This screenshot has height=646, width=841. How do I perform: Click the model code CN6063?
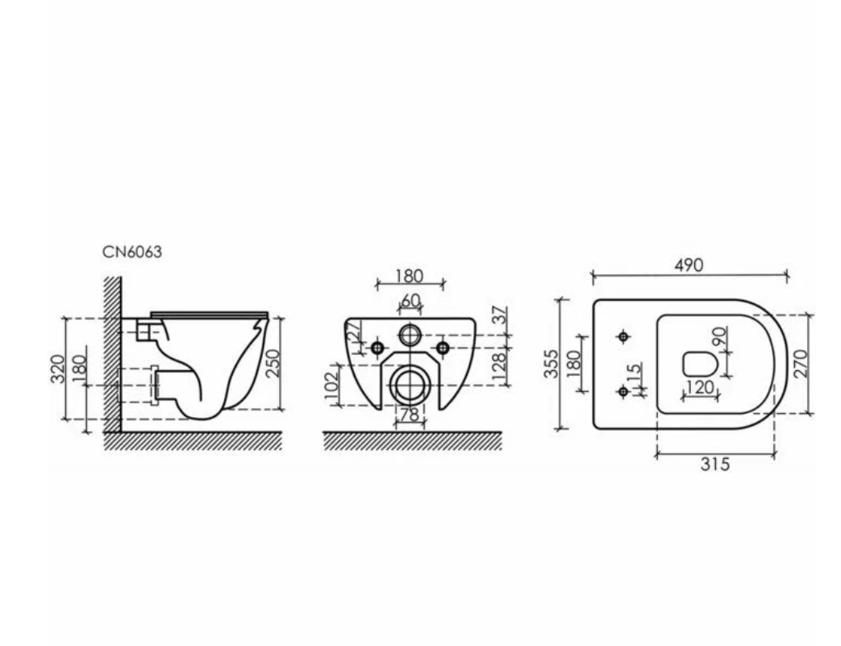pos(132,252)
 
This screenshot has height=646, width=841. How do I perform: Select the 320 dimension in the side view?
pos(58,369)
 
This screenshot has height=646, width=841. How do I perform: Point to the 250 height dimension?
pos(273,363)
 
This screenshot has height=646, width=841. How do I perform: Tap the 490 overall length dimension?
pos(688,265)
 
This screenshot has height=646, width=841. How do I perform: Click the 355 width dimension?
pos(552,363)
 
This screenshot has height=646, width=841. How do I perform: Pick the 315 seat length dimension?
pos(715,464)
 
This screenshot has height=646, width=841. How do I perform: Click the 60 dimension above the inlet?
pos(410,301)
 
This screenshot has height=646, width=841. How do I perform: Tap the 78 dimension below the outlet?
pos(410,415)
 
